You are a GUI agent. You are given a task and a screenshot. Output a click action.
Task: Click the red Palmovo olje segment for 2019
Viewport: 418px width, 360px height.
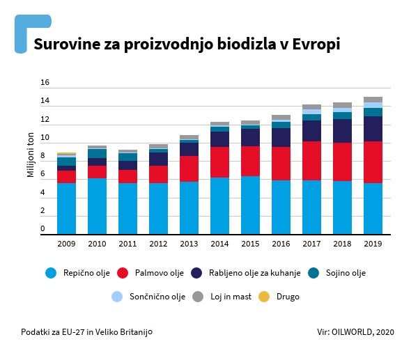[373, 162]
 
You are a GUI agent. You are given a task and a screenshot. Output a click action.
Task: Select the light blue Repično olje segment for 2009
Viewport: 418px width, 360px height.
[66, 208]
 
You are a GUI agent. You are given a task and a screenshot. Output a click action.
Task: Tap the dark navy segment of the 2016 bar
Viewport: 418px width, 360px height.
[281, 137]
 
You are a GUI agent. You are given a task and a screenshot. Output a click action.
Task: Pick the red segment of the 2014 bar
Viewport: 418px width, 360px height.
[219, 162]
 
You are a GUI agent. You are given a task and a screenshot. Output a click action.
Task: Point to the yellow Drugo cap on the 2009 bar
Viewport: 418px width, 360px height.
[66, 153]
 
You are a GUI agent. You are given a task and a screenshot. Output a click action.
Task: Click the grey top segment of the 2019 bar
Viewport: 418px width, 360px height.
[373, 100]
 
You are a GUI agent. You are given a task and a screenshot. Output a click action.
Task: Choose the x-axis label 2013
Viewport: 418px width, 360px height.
[189, 244]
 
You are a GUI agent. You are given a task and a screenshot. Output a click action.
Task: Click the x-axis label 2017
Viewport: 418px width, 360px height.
[311, 244]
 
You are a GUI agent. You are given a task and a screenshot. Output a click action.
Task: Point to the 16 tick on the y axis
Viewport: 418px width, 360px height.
[45, 83]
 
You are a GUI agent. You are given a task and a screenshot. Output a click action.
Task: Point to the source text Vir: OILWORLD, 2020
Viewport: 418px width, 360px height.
[354, 331]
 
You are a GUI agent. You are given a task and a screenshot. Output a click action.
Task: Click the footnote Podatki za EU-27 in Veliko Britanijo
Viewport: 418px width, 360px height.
[86, 331]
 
